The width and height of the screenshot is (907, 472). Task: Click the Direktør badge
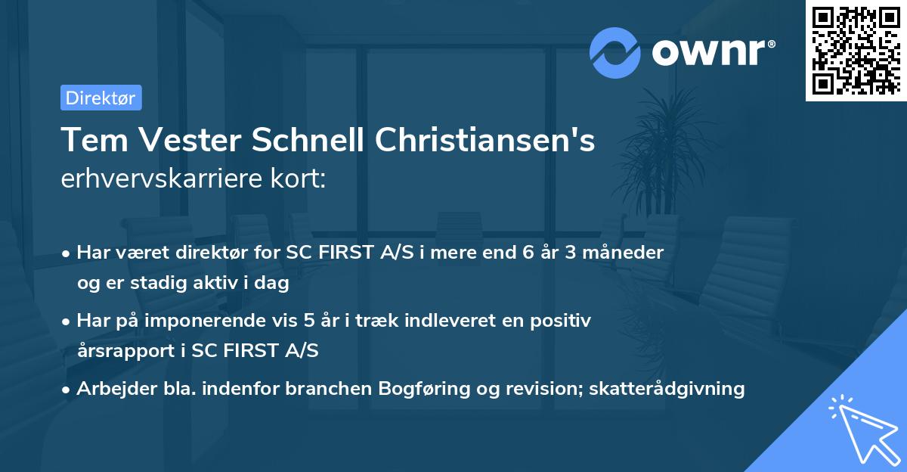(x=101, y=98)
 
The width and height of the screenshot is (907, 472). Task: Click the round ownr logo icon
(x=615, y=53)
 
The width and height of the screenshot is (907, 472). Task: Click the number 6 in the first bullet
(x=518, y=253)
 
